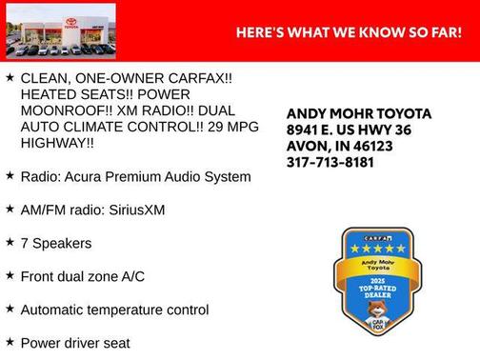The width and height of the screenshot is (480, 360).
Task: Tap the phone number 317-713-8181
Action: point(330,162)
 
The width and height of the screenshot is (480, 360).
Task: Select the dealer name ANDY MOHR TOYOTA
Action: point(359,113)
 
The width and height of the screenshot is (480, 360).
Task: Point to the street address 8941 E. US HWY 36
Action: point(349,130)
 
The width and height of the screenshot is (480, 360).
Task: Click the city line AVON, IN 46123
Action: point(340,146)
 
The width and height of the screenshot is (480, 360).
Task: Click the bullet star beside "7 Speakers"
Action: point(10,242)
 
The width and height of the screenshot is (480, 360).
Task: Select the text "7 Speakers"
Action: point(56,243)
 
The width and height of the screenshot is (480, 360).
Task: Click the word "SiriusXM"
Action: point(132,210)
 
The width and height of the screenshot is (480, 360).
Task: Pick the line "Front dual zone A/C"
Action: point(82,276)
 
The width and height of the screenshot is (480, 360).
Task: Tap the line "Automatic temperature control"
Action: point(114,310)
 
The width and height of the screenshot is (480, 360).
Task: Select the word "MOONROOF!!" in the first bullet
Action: point(62,109)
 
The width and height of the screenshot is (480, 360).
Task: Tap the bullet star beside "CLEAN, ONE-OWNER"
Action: point(10,75)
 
